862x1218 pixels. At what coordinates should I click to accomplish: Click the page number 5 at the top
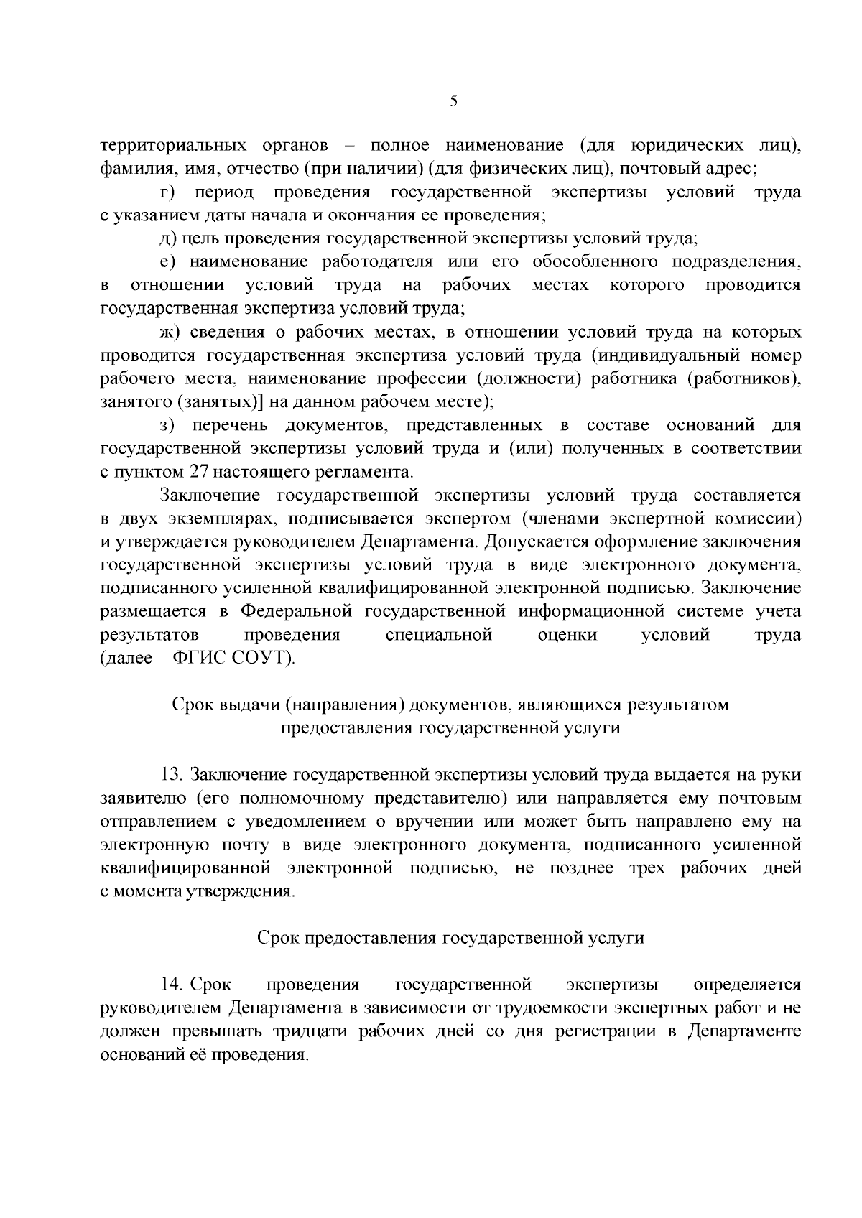[x=453, y=101]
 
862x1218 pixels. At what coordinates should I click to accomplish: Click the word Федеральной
[x=296, y=612]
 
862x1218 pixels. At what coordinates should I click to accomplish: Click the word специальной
[x=439, y=636]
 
